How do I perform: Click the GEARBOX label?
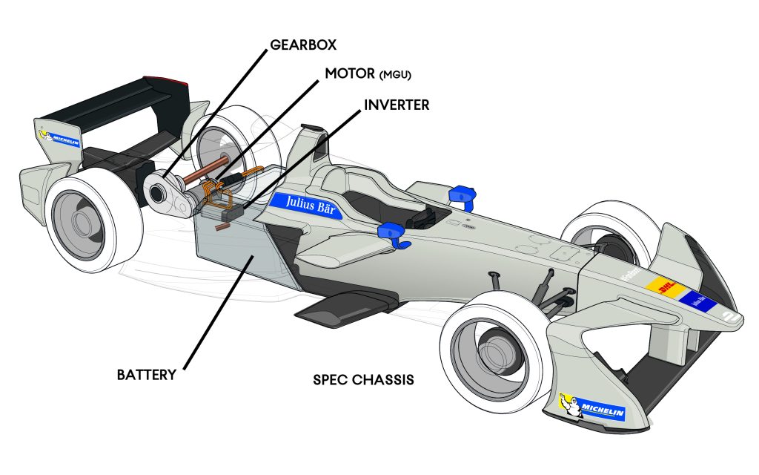coord(302,45)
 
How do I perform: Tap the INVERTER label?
coord(397,105)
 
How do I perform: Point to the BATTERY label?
coord(147,374)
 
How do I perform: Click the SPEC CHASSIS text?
coord(363,380)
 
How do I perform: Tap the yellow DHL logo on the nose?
coord(663,286)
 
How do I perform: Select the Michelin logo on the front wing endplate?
coord(593,408)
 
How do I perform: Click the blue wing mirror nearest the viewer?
coord(393,234)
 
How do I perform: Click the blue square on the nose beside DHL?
coord(697,301)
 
